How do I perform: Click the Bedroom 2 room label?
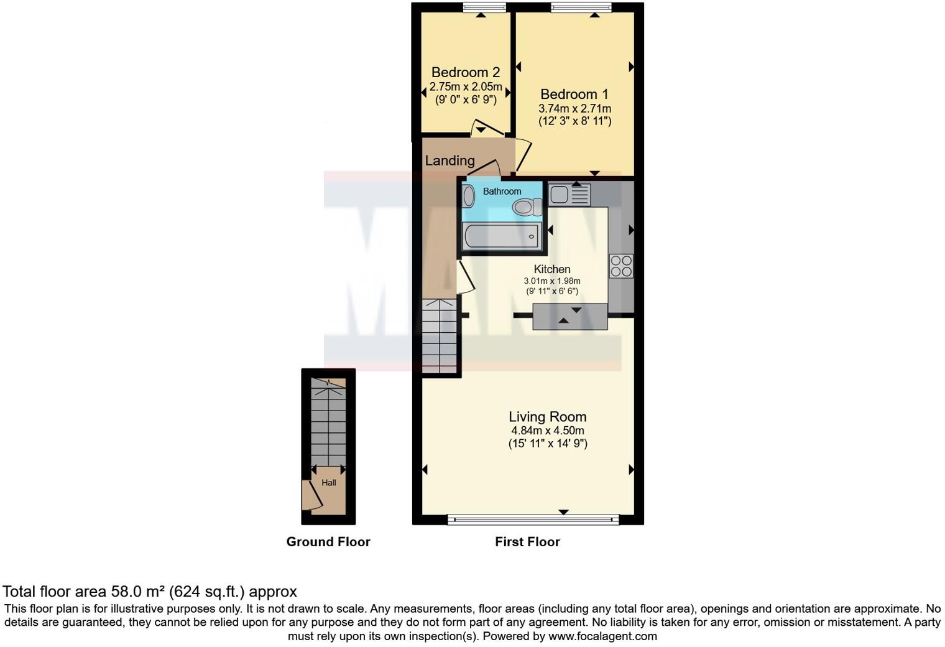(x=466, y=72)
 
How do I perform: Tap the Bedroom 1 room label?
(x=574, y=95)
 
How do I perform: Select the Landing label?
(x=449, y=161)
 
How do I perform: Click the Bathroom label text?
(x=502, y=192)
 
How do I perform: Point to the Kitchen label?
(x=552, y=269)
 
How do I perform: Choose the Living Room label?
(x=547, y=417)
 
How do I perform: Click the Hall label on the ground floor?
(x=328, y=483)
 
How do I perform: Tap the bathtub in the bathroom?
(x=501, y=236)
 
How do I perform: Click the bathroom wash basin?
(x=469, y=197)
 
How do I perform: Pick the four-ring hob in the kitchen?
(x=621, y=266)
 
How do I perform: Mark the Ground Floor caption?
(x=328, y=542)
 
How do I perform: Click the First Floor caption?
(x=527, y=542)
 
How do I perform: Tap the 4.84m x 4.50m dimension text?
(x=547, y=431)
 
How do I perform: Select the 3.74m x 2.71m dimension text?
(x=574, y=109)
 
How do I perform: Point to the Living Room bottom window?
(x=533, y=519)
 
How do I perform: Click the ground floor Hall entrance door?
(x=310, y=495)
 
